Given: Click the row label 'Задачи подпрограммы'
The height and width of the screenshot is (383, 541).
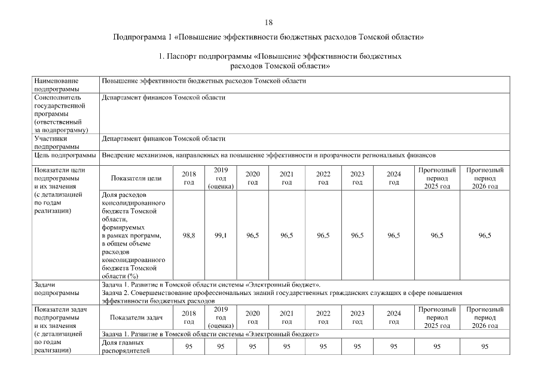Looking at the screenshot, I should [57, 289].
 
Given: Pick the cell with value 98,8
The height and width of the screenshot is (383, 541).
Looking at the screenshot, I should [188, 236].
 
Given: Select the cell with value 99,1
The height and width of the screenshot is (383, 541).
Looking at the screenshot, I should [221, 236].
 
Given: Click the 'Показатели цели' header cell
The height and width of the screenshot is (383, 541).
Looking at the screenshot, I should [136, 178].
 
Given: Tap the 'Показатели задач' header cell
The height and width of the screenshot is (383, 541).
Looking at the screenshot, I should [136, 318].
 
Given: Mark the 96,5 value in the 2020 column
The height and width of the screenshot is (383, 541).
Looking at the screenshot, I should [252, 236].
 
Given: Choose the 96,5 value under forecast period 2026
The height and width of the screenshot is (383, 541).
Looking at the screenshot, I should [484, 236].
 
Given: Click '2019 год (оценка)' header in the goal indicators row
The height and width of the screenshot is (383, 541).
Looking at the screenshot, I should [221, 178].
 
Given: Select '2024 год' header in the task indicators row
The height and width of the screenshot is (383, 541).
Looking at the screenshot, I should [393, 317].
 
